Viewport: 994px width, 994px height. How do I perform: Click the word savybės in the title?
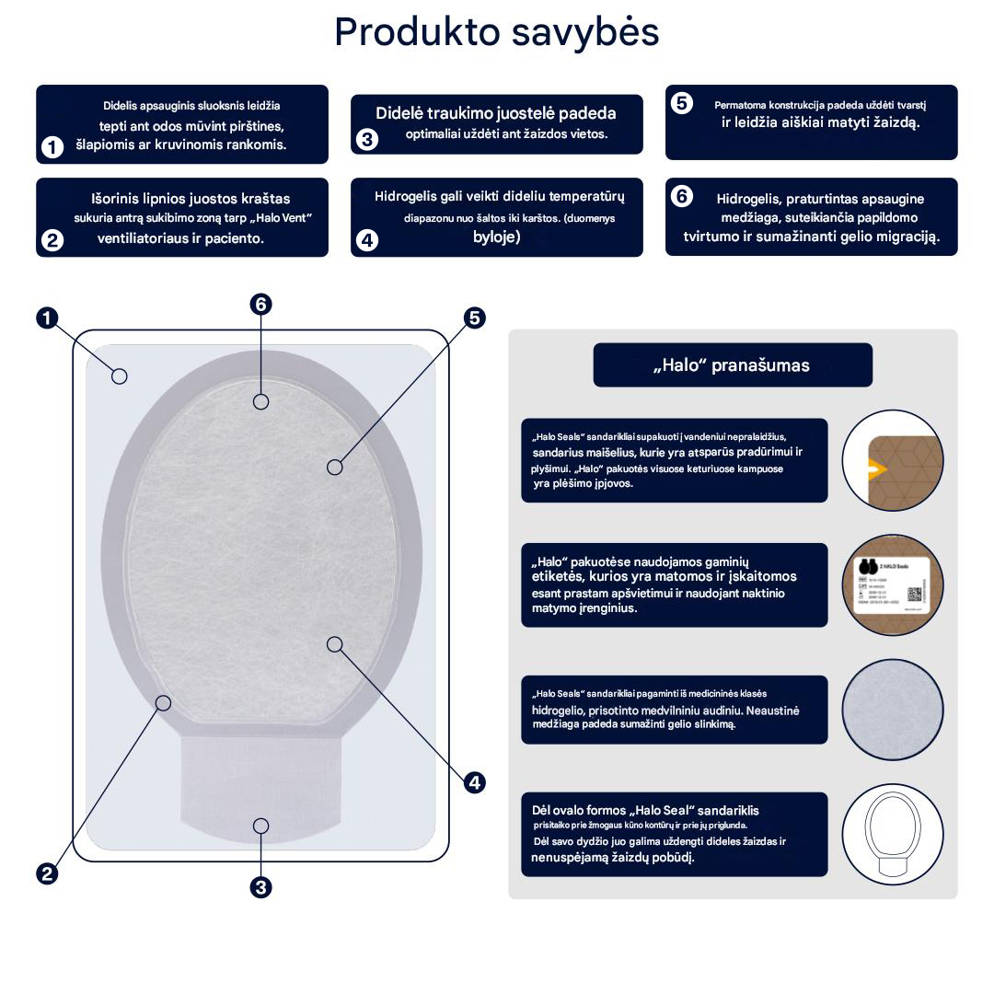(x=585, y=33)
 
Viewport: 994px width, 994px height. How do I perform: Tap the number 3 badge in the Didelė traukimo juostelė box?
(x=367, y=140)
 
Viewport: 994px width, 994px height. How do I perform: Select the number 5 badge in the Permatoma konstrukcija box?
(x=682, y=103)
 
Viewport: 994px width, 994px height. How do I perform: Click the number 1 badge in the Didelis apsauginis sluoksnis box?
(x=52, y=147)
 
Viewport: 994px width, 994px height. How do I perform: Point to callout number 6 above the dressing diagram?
(x=261, y=305)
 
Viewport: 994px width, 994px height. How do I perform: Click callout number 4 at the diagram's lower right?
(x=474, y=783)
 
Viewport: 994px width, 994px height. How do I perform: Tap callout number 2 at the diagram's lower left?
(x=47, y=874)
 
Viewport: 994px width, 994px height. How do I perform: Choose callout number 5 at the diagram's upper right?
(x=474, y=318)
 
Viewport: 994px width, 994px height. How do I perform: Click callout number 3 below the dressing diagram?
(x=261, y=887)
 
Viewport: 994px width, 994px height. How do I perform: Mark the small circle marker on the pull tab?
(x=261, y=826)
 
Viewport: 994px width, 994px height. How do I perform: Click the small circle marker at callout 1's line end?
(x=119, y=376)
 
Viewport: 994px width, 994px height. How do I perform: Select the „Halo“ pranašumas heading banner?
(x=733, y=365)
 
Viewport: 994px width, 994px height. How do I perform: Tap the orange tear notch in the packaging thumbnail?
(x=876, y=469)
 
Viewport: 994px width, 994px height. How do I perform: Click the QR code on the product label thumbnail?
(x=914, y=594)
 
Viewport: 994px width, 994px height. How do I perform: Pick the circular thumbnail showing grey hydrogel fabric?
(x=893, y=710)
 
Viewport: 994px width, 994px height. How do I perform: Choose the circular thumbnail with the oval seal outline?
(x=893, y=834)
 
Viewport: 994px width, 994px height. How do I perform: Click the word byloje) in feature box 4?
(x=497, y=237)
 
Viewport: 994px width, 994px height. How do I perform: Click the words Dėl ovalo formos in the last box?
(x=579, y=810)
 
